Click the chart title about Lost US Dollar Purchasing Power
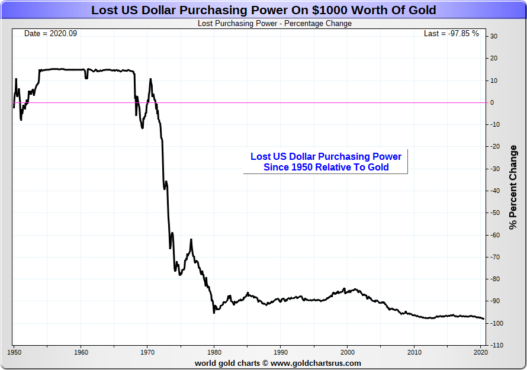pos(263,10)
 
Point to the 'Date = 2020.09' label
pos(50,34)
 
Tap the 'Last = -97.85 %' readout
pos(451,34)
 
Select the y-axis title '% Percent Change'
pos(513,187)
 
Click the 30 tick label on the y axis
pos(493,37)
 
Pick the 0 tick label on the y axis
pos(491,102)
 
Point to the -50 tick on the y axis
pos(493,213)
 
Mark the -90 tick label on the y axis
pos(493,301)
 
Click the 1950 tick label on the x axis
pos(15,353)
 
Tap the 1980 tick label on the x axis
pos(214,353)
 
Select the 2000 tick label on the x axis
pos(348,353)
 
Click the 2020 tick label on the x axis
pos(480,353)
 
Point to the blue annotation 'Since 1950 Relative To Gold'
pos(326,167)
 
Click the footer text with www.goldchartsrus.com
pos(278,363)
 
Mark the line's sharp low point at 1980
pos(214,312)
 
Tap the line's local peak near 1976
pos(191,240)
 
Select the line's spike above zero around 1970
pos(150,79)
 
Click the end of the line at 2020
pos(484,318)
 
